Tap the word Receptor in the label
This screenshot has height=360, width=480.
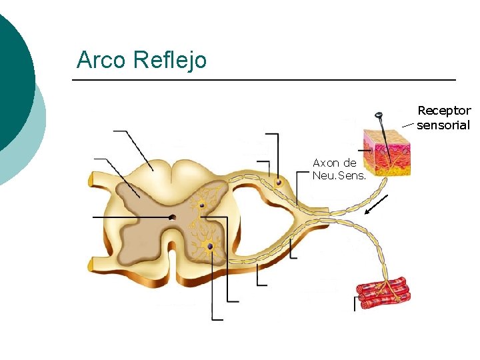click(444, 111)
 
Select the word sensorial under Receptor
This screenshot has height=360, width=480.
click(443, 125)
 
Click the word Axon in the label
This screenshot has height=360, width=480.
click(326, 163)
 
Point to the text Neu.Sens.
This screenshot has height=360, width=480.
click(334, 175)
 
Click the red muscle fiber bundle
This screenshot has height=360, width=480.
click(383, 294)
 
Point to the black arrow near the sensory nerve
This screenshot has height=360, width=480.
click(377, 205)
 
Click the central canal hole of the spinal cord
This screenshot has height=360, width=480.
click(173, 217)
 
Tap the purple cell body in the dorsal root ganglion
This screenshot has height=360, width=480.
click(279, 182)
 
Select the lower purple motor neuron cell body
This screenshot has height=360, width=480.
click(210, 247)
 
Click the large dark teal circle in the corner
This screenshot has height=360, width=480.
click(10, 80)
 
